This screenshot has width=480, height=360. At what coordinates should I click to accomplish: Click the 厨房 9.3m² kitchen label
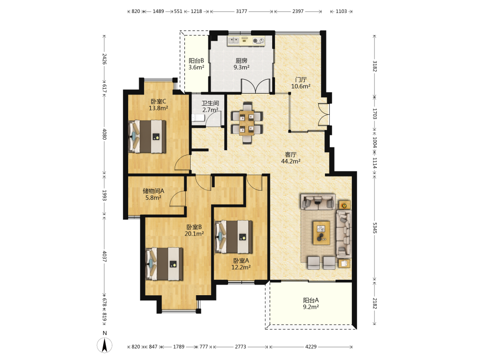241,64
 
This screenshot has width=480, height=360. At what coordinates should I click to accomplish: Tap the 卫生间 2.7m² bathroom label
210,107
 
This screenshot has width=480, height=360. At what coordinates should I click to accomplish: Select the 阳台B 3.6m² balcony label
196,64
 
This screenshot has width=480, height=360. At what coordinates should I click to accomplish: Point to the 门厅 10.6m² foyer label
300,83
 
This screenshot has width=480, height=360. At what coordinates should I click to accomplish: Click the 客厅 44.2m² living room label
290,157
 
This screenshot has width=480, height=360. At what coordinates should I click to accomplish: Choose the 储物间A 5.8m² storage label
154,194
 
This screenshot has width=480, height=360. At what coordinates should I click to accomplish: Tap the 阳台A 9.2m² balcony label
311,303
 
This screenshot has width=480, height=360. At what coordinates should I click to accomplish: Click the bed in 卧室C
147,136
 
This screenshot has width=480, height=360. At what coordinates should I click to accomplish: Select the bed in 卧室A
234,237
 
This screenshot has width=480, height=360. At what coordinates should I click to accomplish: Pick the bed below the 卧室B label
164,264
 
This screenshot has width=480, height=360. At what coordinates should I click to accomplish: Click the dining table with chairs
247,123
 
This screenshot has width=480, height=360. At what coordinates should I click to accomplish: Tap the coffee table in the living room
321,233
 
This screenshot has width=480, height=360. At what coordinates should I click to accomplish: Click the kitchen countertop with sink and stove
246,41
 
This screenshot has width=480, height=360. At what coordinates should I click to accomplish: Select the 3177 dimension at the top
241,12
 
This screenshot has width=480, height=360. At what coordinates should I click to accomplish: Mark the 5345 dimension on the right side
374,228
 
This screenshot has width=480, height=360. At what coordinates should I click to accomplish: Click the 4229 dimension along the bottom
311,347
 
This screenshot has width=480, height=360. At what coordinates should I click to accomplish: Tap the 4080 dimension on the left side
104,134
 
